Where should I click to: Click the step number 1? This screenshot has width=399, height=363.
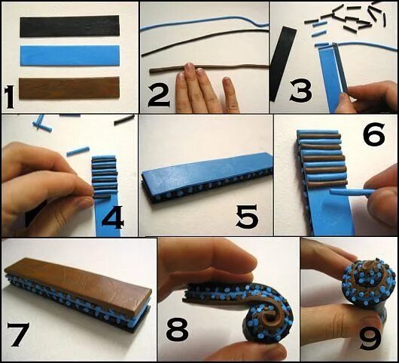pos(10,97)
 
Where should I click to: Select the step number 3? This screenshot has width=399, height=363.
pos(300,91)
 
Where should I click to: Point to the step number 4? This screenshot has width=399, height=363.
pos(113,217)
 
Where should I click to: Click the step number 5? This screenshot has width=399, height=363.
pos(247,217)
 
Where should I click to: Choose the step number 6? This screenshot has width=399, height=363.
pos(374,134)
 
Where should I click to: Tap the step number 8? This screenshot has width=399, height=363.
pos(178,329)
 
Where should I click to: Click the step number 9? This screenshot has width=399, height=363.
pos(370,338)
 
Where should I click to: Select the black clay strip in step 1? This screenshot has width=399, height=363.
pos(70,26)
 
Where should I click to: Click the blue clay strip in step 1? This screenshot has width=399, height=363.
pos(70,56)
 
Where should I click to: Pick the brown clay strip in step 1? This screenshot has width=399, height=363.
pos(69,88)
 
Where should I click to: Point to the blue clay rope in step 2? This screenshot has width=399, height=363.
pos(204,23)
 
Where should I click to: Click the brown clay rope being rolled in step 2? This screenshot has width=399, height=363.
pos(209,68)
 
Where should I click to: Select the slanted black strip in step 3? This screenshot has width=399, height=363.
pos(283,64)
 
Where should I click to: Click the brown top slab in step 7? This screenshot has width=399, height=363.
pos(78,286)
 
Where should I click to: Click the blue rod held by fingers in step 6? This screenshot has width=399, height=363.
pos(353,192)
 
